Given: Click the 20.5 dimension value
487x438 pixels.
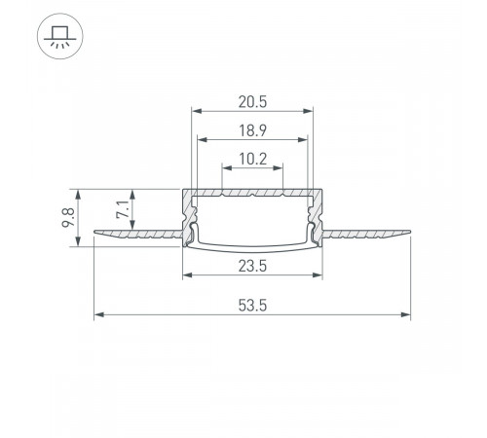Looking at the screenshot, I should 252,98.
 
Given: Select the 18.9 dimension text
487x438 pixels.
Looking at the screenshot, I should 252,128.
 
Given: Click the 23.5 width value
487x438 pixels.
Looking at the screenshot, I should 252,263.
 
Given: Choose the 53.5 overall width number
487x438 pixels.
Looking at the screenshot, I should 252,304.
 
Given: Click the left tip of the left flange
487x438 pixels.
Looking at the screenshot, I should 96,232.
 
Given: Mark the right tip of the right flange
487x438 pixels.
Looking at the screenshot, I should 408,232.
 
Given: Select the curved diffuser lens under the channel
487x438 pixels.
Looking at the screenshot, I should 252,243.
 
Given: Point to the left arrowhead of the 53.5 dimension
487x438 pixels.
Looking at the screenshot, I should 97,314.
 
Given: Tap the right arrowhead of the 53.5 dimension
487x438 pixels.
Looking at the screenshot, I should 406,314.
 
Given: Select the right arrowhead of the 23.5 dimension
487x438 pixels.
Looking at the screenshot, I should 319,274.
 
